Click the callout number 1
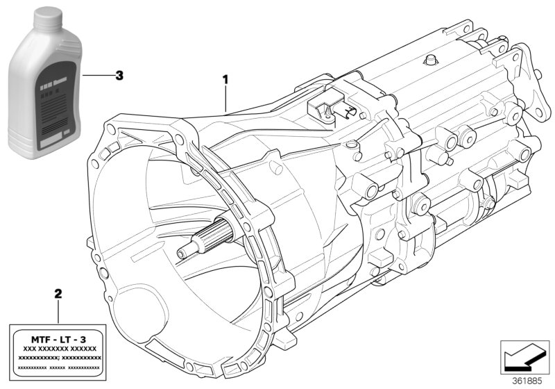pos(225,79)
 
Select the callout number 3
pos(119,76)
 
